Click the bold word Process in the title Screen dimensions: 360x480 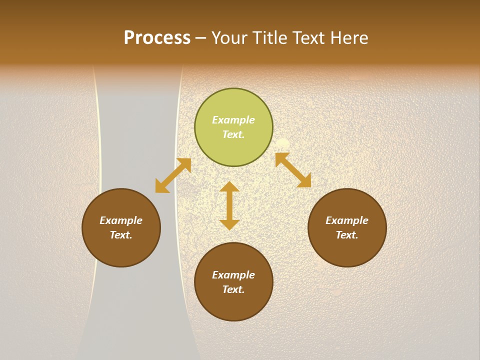point(157,37)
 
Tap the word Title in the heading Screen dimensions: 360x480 point(270,37)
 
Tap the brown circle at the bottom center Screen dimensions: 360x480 point(233,305)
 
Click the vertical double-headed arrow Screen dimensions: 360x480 point(229,205)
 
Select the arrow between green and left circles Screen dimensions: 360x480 point(173,175)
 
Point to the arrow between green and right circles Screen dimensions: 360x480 point(293,170)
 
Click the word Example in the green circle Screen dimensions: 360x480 point(233,120)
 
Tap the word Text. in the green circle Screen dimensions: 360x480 point(233,134)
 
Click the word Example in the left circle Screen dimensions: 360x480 point(121,220)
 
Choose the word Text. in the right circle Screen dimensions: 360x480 point(347,235)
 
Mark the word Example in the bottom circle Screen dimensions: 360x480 point(233,275)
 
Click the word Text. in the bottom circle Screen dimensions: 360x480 point(233,289)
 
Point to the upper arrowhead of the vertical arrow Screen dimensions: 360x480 point(229,187)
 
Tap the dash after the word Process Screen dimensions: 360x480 point(200,38)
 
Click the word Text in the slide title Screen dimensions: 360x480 point(308,37)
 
